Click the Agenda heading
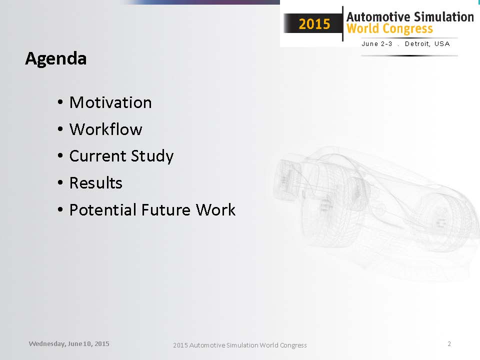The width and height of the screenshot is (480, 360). [x=55, y=59]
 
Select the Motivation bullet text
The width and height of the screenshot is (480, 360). [x=110, y=102]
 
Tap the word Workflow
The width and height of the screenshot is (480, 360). [x=106, y=129]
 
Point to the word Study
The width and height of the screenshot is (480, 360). [x=152, y=156]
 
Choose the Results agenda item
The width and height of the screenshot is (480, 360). [x=96, y=183]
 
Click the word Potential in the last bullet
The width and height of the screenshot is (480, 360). [x=103, y=210]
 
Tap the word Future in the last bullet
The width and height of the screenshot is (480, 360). [x=166, y=210]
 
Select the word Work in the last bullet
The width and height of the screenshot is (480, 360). [x=215, y=210]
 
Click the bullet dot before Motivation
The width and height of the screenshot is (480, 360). [x=60, y=102]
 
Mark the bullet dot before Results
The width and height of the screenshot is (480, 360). [x=60, y=183]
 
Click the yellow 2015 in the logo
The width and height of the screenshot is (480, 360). [x=314, y=24]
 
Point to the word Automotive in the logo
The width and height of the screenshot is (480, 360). [x=378, y=17]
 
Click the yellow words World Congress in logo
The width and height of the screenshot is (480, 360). [x=389, y=29]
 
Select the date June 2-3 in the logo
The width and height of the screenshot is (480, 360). [x=377, y=44]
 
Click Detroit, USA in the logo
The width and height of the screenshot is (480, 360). [x=427, y=44]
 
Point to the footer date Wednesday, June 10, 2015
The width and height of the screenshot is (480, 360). [x=69, y=344]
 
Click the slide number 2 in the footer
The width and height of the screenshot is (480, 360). [x=449, y=344]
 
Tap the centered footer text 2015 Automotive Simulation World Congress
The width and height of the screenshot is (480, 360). [x=239, y=345]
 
